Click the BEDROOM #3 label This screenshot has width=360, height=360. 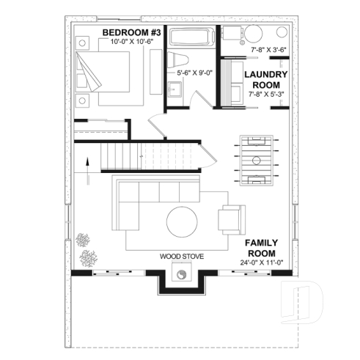pyautogui.click(x=132, y=32)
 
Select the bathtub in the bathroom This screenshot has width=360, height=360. pyautogui.click(x=191, y=36)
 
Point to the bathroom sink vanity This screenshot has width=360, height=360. pyautogui.click(x=176, y=91)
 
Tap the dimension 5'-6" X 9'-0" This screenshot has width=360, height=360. pyautogui.click(x=195, y=73)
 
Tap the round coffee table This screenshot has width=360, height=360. pyautogui.click(x=180, y=220)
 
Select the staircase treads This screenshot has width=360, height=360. pyautogui.click(x=120, y=156)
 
